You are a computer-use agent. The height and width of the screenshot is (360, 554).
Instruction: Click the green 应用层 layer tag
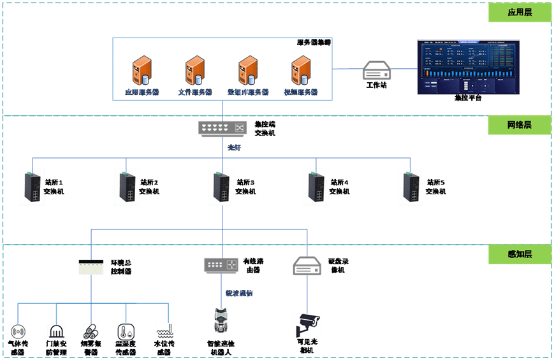520,13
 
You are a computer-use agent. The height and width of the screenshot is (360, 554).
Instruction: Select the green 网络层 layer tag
520,125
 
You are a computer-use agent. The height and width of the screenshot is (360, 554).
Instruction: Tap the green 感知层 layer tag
520,254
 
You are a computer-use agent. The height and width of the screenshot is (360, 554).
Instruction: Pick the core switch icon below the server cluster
221,128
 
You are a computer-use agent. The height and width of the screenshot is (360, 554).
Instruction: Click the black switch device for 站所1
32,187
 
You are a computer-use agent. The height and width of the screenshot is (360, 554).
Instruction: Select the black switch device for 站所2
126,187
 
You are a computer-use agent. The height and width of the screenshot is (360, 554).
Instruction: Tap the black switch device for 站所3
221,187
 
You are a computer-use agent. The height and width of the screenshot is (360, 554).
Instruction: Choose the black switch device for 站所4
316,187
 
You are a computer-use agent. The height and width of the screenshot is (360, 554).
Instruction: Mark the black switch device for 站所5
411,187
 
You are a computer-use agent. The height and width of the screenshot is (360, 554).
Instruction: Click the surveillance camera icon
306,324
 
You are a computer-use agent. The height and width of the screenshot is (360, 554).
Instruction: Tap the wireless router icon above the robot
221,266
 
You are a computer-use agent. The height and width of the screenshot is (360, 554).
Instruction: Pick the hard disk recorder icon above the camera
306,266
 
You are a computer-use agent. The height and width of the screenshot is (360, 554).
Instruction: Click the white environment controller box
91,267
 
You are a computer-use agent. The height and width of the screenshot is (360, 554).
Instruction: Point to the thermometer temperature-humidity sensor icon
126,332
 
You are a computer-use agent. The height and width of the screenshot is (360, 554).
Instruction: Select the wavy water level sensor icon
164,331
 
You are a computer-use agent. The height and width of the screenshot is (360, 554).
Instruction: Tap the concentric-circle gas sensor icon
17,332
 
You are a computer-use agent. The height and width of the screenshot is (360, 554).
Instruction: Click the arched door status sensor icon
56,332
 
